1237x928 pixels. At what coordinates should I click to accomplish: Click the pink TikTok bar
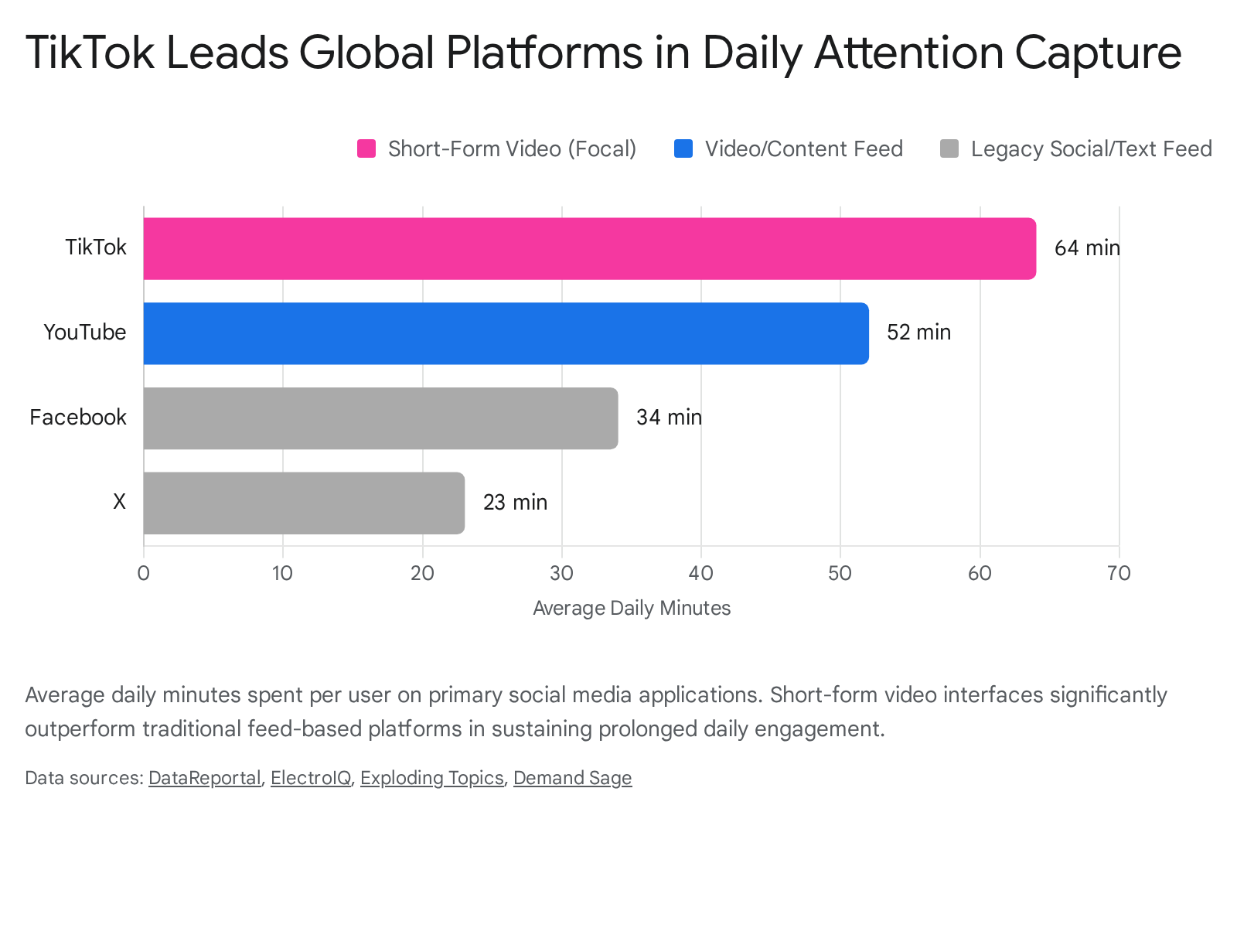pos(589,248)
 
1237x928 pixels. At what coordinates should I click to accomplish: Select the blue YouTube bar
pos(506,333)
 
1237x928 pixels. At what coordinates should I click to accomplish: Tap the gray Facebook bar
pos(381,418)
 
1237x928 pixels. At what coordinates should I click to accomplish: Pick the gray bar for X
pos(305,503)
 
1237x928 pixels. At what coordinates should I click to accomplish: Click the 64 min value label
pos(1087,248)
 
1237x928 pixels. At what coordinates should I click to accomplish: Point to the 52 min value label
pos(918,333)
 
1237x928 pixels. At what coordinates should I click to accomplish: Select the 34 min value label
pos(669,418)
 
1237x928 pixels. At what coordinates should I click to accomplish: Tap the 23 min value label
pos(515,502)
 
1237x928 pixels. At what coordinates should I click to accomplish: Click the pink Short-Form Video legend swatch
pos(366,148)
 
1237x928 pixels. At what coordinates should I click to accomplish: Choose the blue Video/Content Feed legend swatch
pos(683,148)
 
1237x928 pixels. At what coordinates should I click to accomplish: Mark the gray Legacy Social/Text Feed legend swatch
pos(949,148)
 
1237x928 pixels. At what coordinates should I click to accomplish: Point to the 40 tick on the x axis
pos(700,574)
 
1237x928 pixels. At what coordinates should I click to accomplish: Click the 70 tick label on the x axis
pos(1119,574)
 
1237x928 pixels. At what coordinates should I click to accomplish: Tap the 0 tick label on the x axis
pos(144,574)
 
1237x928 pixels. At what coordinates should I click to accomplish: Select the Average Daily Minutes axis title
pos(631,609)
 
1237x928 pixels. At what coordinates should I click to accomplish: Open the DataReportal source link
pos(205,778)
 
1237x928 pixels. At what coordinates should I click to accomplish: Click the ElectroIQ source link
pos(311,778)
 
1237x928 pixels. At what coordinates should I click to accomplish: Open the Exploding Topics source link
pos(431,778)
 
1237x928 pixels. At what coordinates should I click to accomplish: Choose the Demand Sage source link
pos(573,778)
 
